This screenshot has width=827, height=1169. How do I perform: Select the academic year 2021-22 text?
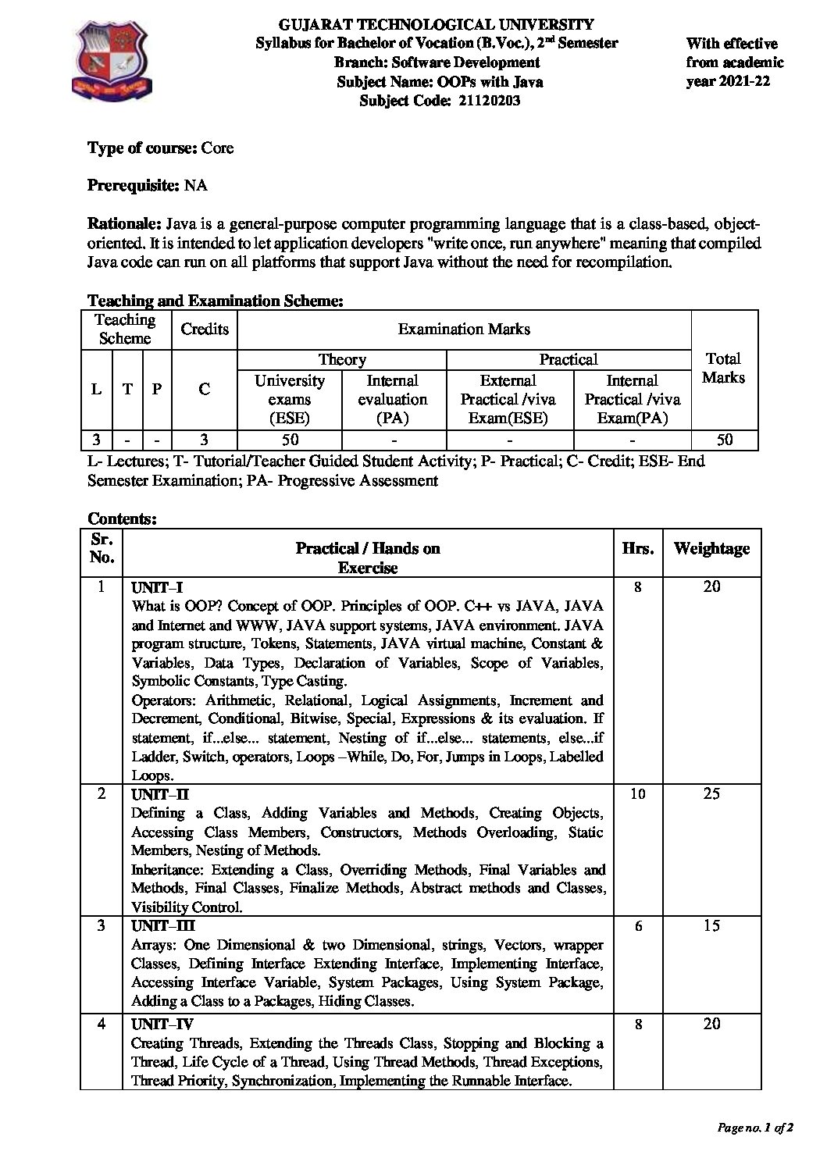tap(728, 81)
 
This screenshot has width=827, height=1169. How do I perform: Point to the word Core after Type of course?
tap(217, 148)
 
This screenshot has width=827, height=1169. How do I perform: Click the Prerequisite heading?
tap(134, 185)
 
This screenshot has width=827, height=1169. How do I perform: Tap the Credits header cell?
tap(205, 329)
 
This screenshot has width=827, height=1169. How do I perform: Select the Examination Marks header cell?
tap(464, 329)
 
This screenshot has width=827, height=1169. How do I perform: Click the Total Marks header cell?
tap(723, 368)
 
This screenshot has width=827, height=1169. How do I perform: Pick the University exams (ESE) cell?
tap(290, 399)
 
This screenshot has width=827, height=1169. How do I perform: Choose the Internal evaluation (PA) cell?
tap(392, 399)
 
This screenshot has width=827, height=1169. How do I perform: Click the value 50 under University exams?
tap(290, 440)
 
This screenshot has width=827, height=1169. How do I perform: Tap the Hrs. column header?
tap(638, 549)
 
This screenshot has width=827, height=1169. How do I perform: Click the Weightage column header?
tap(711, 549)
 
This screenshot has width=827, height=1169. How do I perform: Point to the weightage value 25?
tap(711, 794)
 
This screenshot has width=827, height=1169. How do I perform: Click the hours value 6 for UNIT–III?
tap(638, 926)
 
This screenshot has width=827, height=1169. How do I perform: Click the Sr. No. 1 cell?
tap(101, 586)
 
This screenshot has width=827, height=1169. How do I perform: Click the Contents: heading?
tap(123, 518)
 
